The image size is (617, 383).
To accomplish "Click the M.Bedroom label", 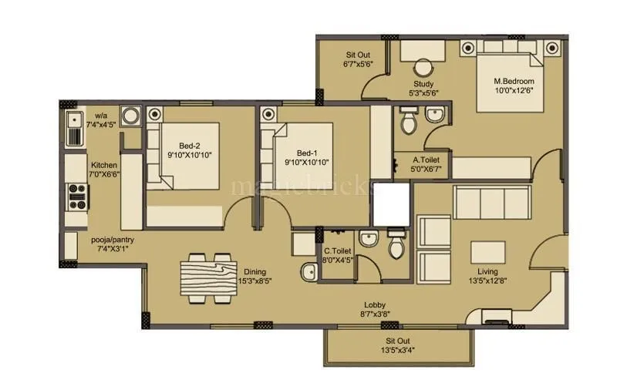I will pos(514,81).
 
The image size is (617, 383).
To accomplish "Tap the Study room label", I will pos(423,84).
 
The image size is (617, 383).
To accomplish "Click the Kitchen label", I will pos(104,166).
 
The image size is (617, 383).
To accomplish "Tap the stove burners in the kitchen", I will pos(77,197).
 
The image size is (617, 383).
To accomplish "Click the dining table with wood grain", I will pos(208,274).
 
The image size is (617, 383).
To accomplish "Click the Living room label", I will pos(487,271).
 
